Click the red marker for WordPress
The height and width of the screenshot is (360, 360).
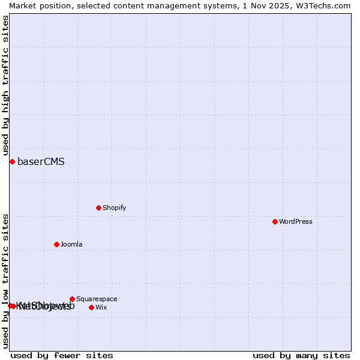click(275, 221)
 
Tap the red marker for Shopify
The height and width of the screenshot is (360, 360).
click(98, 208)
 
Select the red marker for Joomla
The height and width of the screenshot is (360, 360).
click(57, 244)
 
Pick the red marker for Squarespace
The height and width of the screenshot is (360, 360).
click(72, 299)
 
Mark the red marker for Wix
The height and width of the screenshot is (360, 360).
click(91, 307)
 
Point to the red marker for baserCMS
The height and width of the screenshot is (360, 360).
click(12, 161)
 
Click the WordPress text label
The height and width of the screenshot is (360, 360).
click(296, 221)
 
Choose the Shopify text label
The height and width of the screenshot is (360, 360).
click(114, 208)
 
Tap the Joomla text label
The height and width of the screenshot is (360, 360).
click(71, 244)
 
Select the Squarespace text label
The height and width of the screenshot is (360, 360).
click(97, 299)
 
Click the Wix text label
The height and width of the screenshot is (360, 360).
click(101, 307)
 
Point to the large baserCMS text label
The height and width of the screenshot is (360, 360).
click(41, 161)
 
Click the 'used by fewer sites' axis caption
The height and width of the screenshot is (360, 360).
click(62, 355)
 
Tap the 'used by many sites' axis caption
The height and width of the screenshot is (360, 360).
click(301, 355)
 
